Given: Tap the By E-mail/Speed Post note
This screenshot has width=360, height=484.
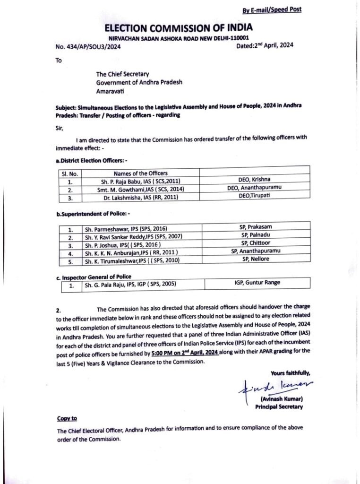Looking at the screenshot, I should [x=272, y=9].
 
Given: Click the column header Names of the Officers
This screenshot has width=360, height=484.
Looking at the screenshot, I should [x=140, y=173].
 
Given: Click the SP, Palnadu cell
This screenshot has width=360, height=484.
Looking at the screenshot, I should [x=256, y=236].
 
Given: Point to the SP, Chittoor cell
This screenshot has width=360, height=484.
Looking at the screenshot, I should [x=256, y=244].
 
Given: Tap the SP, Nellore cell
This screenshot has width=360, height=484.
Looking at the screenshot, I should [x=256, y=260].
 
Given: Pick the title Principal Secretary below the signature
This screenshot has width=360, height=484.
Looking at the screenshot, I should [x=278, y=406].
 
